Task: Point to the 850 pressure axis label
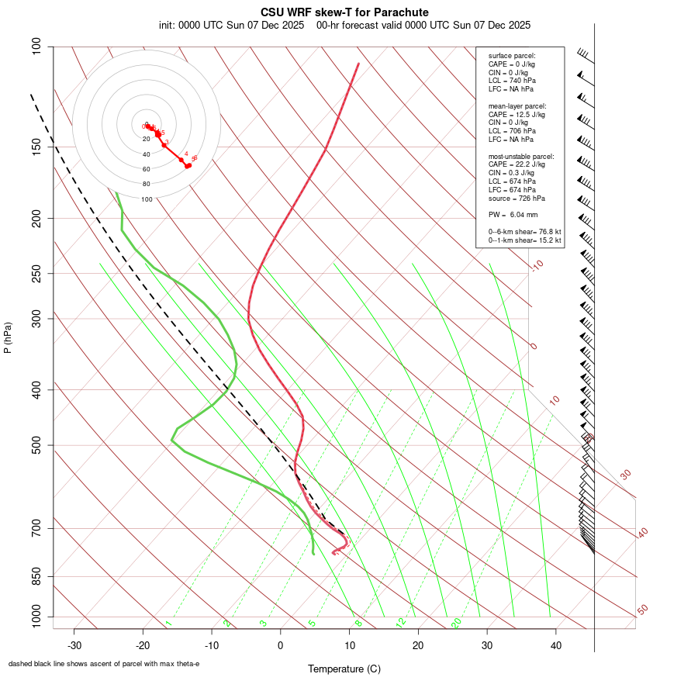[x=37, y=577]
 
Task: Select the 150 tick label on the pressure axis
[x=37, y=147]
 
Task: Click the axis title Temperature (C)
[x=344, y=669]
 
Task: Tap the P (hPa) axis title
[x=8, y=338]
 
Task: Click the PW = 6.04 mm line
[x=513, y=215]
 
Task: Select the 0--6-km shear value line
[x=524, y=232]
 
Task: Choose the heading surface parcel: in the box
[x=512, y=55]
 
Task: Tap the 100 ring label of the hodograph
[x=147, y=199]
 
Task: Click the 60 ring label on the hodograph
[x=146, y=169]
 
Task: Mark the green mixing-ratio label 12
[x=400, y=623]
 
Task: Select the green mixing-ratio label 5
[x=312, y=623]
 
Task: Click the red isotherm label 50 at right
[x=642, y=610]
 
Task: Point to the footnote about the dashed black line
[x=103, y=664]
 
